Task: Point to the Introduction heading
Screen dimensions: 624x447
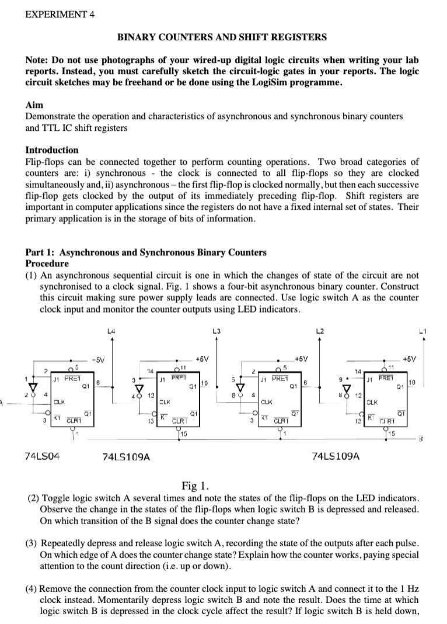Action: [x=52, y=150]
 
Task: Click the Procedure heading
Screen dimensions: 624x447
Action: [x=47, y=264]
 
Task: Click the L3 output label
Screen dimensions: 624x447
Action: [x=216, y=331]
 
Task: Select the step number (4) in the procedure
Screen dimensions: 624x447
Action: [x=33, y=588]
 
